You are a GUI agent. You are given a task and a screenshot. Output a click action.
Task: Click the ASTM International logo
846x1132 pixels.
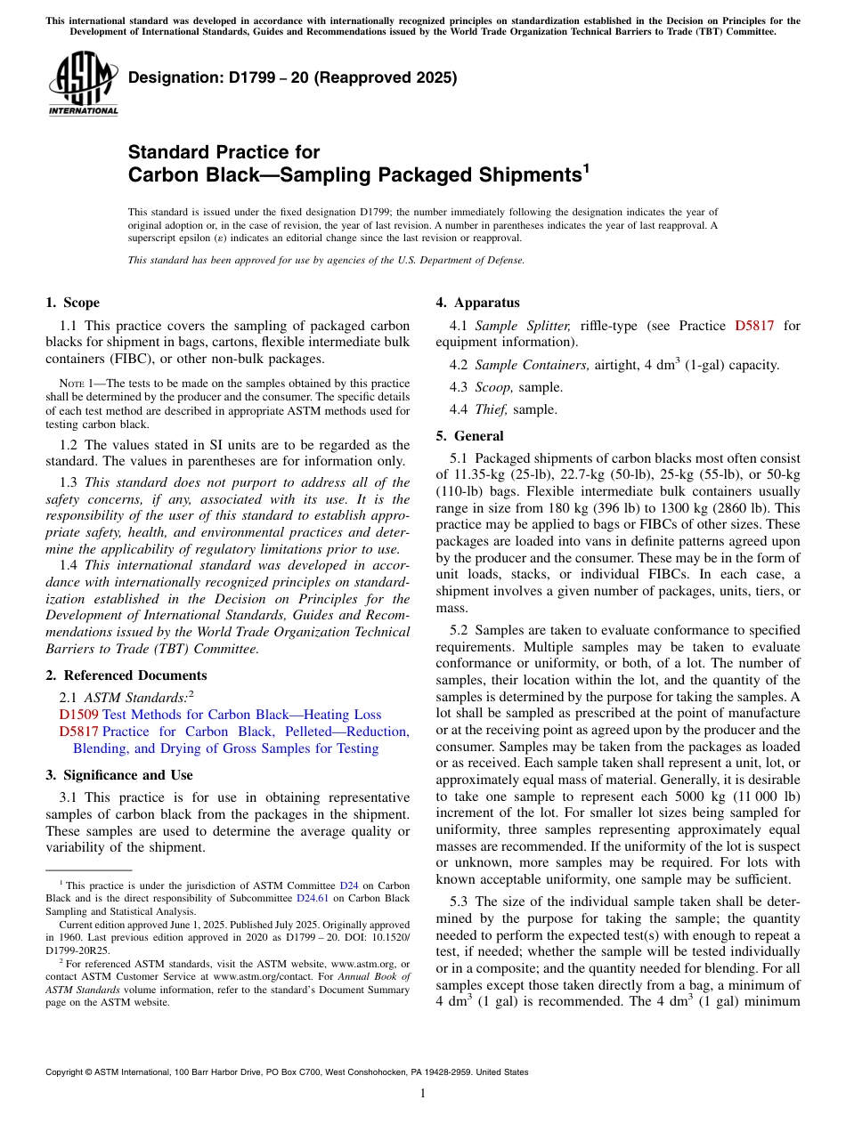click(83, 84)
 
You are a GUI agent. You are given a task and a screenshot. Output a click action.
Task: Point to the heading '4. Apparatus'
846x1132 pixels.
click(477, 303)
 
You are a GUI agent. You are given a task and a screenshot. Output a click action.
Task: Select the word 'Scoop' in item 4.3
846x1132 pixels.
click(492, 387)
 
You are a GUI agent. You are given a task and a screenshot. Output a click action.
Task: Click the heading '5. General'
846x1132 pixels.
click(469, 436)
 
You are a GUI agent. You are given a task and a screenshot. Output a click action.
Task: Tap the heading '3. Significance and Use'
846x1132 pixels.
click(118, 775)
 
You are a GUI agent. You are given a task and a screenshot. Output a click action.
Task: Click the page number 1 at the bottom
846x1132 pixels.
click(423, 1094)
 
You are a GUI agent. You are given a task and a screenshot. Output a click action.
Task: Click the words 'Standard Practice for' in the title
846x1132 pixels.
click(224, 152)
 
